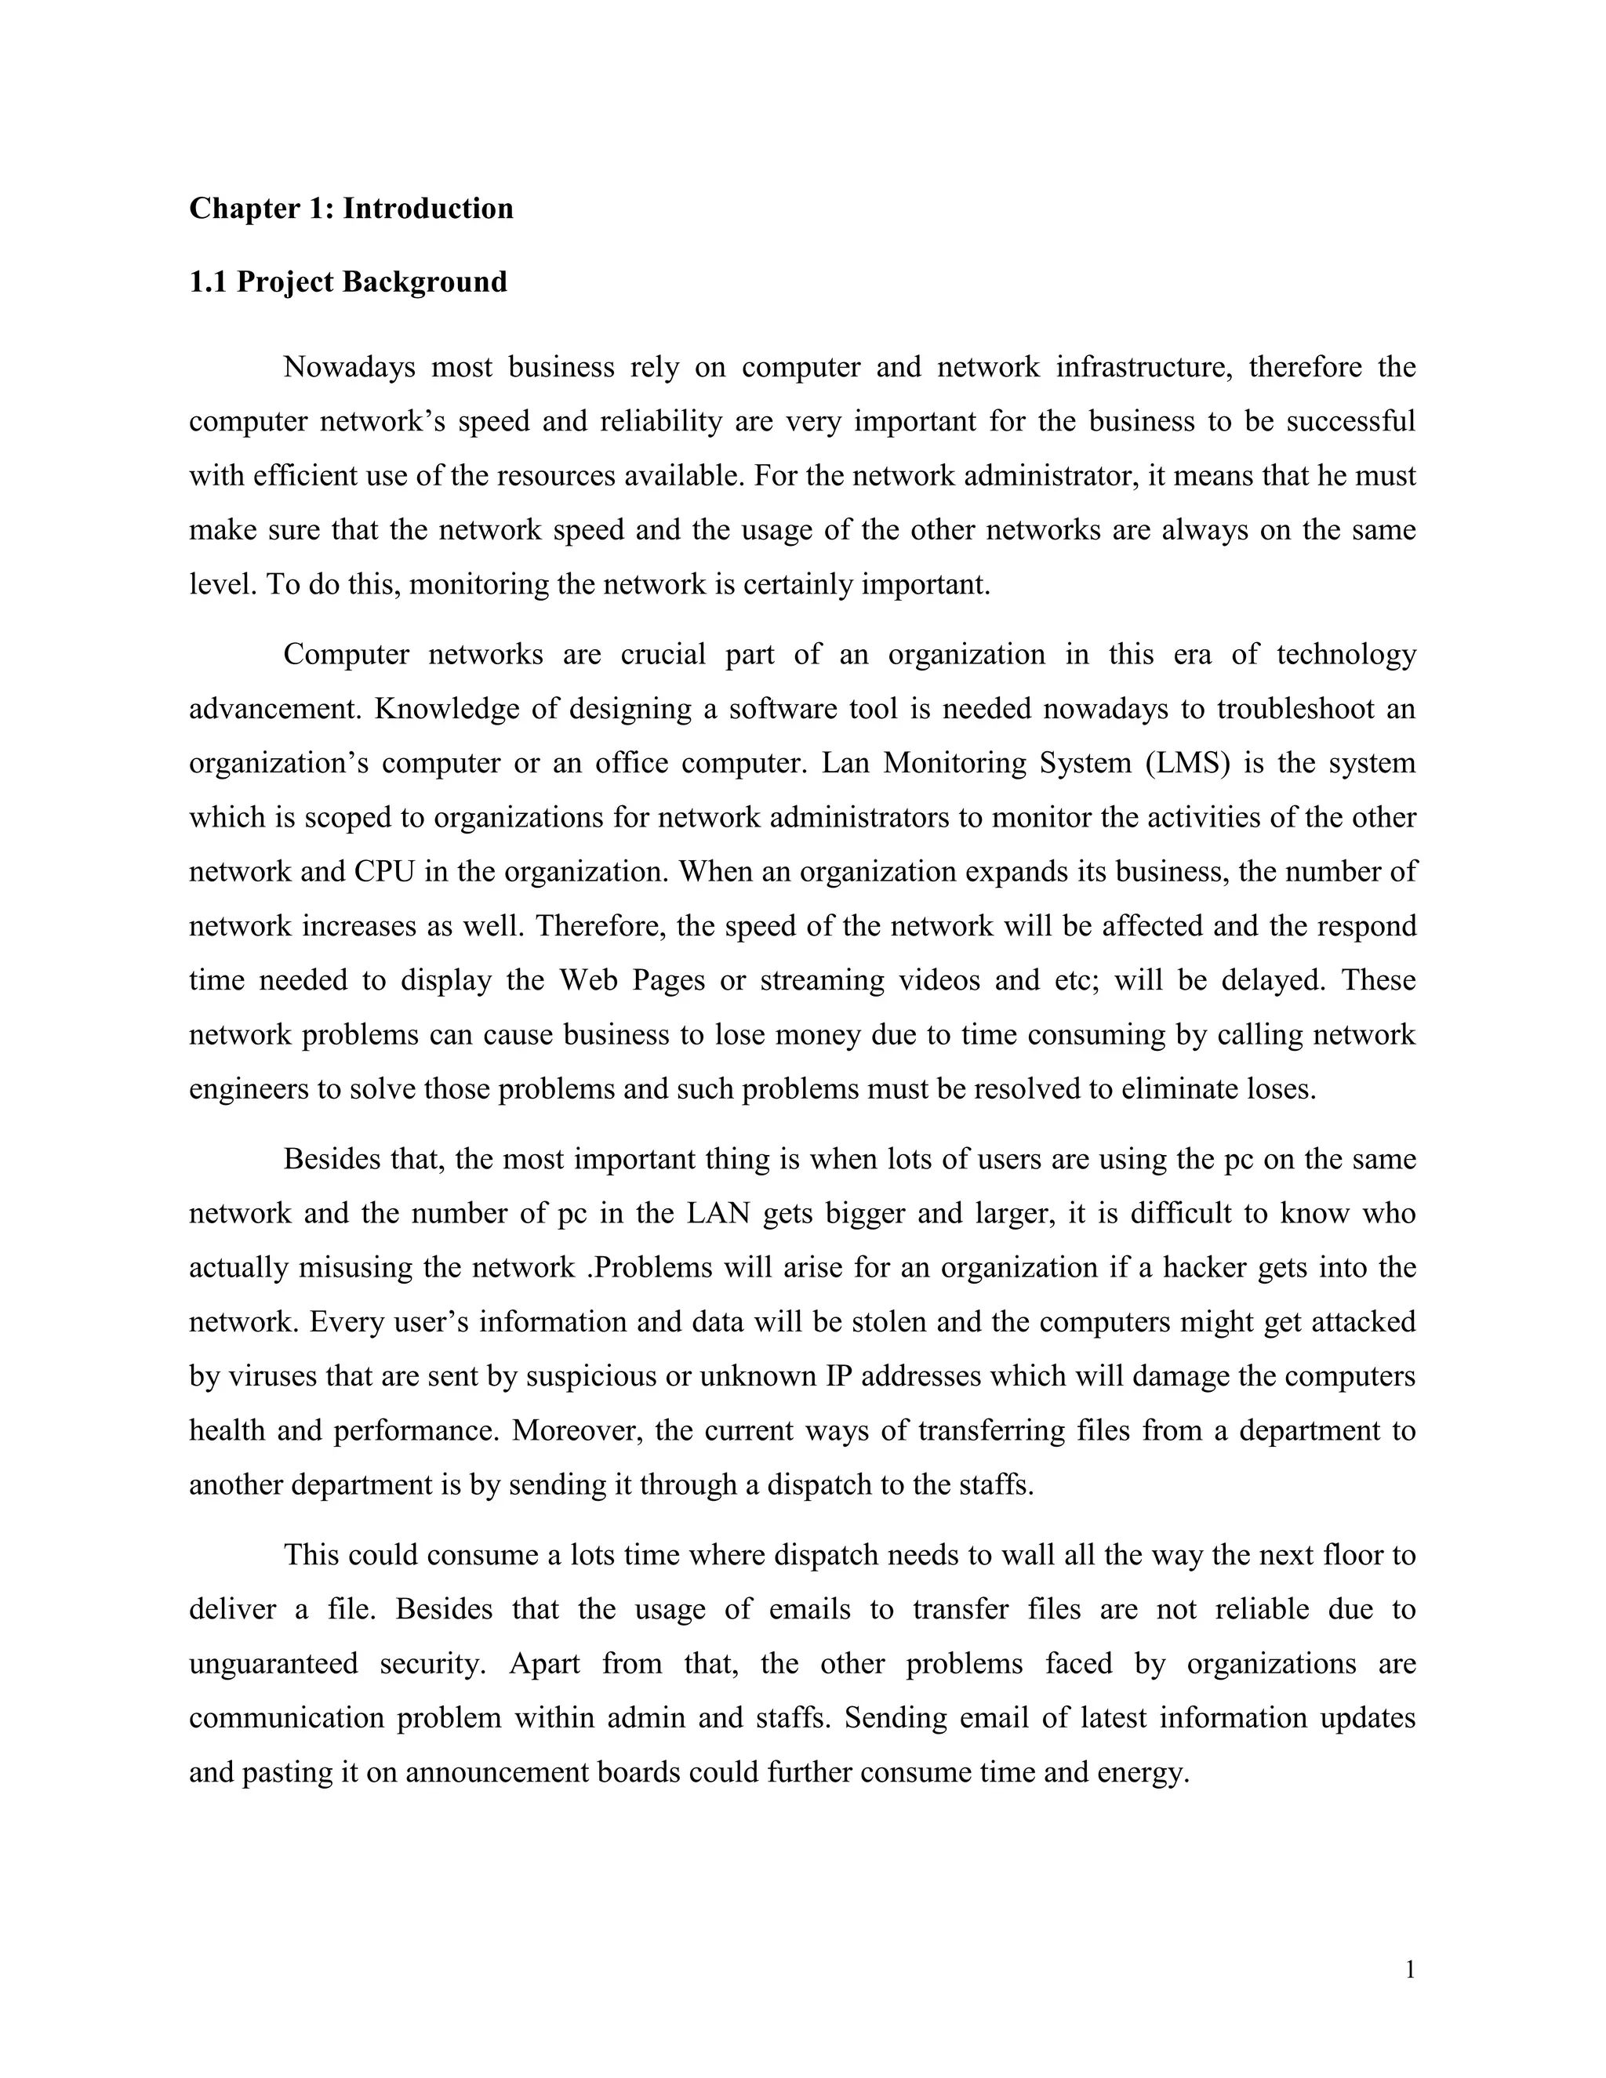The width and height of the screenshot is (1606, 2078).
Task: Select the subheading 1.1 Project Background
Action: click(347, 282)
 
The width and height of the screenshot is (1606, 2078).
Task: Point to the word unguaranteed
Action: click(273, 1664)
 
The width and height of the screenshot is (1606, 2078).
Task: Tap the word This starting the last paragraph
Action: click(311, 1556)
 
